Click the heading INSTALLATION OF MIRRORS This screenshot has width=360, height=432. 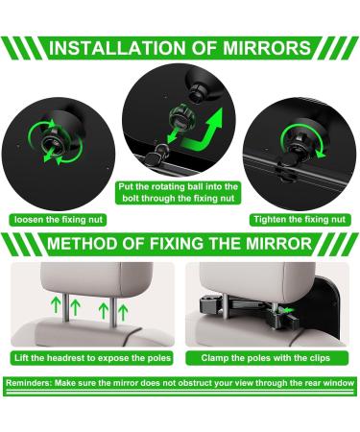click(180, 48)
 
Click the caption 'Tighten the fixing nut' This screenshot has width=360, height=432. click(299, 219)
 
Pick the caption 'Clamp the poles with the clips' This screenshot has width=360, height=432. click(268, 358)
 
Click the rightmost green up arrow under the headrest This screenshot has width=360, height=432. click(123, 308)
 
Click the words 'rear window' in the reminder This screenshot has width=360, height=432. click(327, 383)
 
